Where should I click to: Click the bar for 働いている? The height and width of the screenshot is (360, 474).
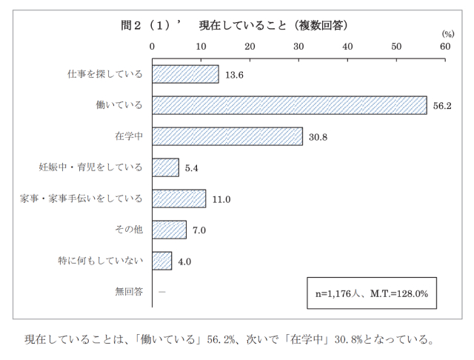click(x=290, y=105)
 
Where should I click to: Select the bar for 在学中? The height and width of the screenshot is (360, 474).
click(x=227, y=136)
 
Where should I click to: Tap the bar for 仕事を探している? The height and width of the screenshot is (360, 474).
click(x=185, y=74)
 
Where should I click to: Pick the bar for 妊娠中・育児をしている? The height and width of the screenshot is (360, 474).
click(x=165, y=167)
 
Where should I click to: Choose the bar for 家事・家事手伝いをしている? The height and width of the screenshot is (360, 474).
click(x=179, y=199)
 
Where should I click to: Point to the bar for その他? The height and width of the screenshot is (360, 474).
click(x=169, y=230)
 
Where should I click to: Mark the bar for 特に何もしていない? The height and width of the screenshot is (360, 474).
click(x=161, y=261)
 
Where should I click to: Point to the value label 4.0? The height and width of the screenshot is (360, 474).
click(x=184, y=261)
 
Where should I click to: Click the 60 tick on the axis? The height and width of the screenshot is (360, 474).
click(x=445, y=46)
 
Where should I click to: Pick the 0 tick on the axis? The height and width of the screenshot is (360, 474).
click(x=153, y=46)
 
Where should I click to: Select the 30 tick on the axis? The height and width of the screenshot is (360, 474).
click(x=298, y=46)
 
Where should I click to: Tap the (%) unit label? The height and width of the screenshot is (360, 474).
click(x=448, y=34)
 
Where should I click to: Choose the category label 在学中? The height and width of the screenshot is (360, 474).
click(x=130, y=136)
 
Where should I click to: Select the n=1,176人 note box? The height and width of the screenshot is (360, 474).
click(x=377, y=293)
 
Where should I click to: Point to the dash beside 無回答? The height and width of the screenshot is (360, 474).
click(x=162, y=292)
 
